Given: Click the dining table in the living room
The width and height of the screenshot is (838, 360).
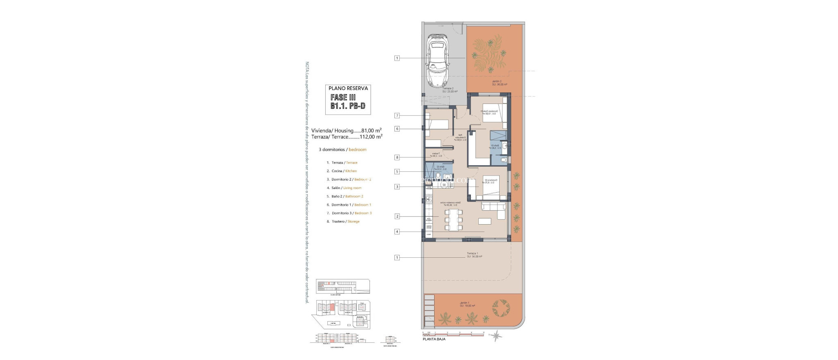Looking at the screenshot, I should (x=453, y=220).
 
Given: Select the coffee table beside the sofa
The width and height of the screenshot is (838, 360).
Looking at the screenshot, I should (x=485, y=221).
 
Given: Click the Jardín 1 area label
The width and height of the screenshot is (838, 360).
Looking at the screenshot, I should (x=467, y=304).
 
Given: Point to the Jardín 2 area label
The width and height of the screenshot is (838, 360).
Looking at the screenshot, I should (x=499, y=83).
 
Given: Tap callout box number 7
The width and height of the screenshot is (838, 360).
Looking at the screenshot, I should (x=397, y=116).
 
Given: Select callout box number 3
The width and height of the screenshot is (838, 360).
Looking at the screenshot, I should (x=397, y=187).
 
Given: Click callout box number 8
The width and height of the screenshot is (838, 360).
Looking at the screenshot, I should (x=397, y=157).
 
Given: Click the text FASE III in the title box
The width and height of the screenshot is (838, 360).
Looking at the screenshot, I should (x=343, y=97).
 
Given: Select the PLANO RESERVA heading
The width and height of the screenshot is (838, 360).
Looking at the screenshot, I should (x=348, y=88).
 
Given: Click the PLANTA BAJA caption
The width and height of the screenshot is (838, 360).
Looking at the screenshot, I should (x=434, y=339).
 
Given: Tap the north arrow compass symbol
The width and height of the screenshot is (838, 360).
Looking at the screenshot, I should (x=496, y=336).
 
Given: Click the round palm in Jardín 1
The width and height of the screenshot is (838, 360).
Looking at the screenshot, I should (x=500, y=308).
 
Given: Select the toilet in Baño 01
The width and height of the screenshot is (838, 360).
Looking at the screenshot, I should (x=504, y=160).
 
